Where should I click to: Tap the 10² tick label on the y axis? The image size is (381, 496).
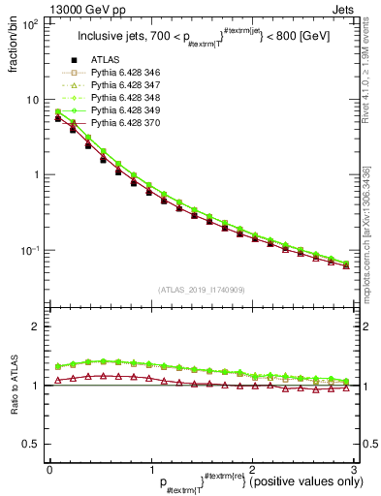tap(29, 24)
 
